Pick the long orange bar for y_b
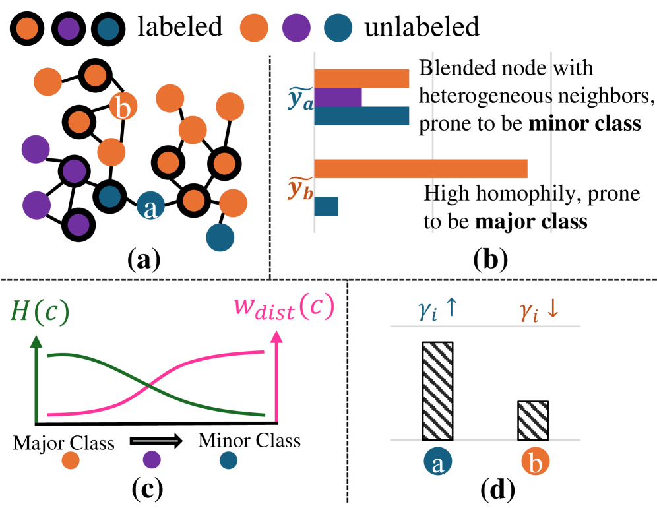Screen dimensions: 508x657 (x=421, y=168)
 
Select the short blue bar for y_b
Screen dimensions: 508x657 (x=326, y=206)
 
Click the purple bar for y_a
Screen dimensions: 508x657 (x=338, y=98)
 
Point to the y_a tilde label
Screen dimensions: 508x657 (x=300, y=99)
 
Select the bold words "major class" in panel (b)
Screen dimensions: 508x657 (x=531, y=221)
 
